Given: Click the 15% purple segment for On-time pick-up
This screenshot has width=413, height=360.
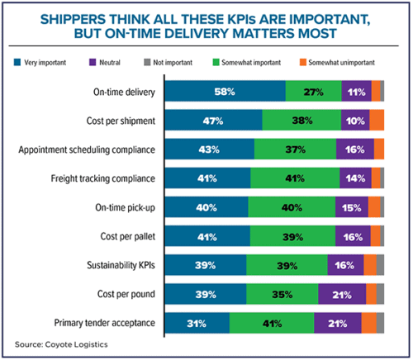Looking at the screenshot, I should point(351,206).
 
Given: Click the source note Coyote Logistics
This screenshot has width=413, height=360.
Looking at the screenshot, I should point(62,345).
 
